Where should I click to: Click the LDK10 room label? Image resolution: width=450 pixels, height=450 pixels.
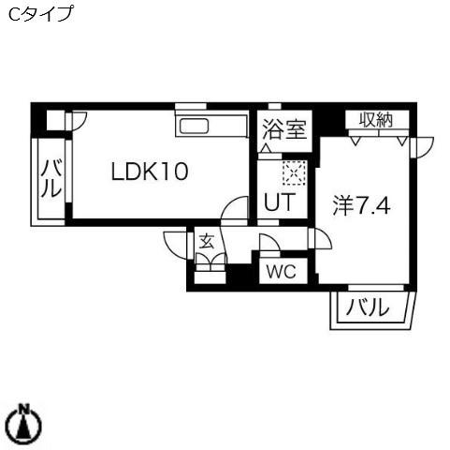click(x=150, y=171)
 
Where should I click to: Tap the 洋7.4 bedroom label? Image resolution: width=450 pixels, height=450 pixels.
click(x=361, y=206)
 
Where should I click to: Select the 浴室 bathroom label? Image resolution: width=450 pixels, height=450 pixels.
click(x=284, y=129)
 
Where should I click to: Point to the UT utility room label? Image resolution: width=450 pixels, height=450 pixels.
click(x=279, y=202)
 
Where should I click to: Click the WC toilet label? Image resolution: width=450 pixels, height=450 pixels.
click(x=282, y=272)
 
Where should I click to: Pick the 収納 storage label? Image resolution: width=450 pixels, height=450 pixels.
click(x=376, y=119)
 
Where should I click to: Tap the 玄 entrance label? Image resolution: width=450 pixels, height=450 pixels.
click(x=207, y=241)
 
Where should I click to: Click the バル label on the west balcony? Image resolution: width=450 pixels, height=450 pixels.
click(x=51, y=178)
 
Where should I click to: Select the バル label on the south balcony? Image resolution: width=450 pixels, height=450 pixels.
click(x=368, y=307)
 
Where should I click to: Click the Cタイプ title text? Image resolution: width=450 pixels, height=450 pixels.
click(x=40, y=14)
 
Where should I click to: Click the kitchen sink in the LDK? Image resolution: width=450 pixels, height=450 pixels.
click(x=194, y=126)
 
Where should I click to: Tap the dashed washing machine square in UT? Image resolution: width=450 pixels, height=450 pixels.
click(x=294, y=173)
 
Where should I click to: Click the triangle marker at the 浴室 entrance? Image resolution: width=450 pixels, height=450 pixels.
click(x=266, y=148)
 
